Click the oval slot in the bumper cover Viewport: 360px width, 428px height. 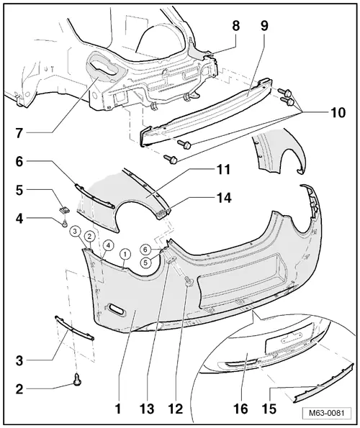[x=115, y=309]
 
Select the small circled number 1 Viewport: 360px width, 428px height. [x=125, y=253]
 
